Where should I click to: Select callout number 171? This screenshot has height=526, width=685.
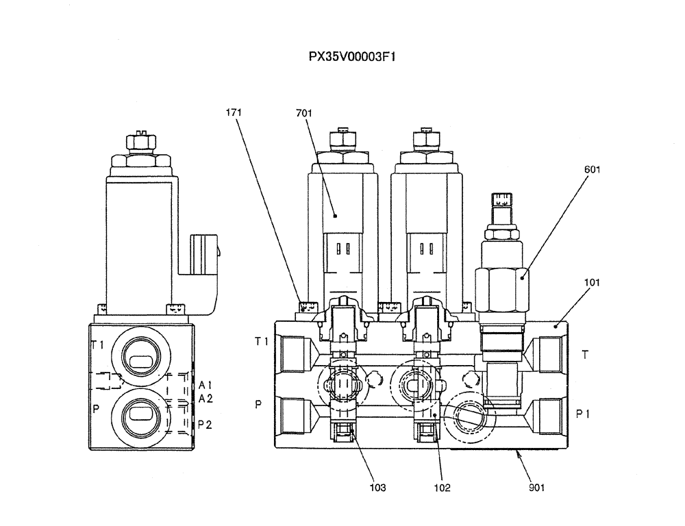click(234, 111)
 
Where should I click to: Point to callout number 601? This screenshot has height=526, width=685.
click(593, 170)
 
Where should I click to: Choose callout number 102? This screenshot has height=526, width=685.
click(442, 488)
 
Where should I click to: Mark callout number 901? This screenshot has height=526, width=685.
click(536, 488)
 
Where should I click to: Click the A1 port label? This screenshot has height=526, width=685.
click(206, 386)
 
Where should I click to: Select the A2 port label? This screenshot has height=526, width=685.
click(206, 399)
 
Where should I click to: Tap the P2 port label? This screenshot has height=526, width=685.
click(206, 425)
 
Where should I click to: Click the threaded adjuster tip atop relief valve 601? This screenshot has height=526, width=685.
click(501, 200)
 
